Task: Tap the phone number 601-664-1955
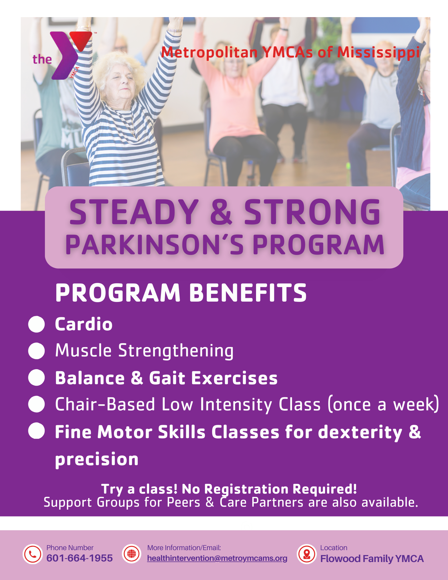pyautogui.click(x=79, y=558)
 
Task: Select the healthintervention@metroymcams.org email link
pyautogui.click(x=217, y=558)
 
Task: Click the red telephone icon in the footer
pyautogui.click(x=33, y=554)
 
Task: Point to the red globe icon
pyautogui.click(x=132, y=554)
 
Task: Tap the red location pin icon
pyautogui.click(x=306, y=554)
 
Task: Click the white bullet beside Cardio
pyautogui.click(x=37, y=324)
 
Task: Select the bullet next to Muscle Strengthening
pyautogui.click(x=37, y=351)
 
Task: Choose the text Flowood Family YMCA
pyautogui.click(x=372, y=559)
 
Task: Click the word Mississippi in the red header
pyautogui.click(x=378, y=53)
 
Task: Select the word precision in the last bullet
pyautogui.click(x=97, y=460)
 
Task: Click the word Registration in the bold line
pyautogui.click(x=246, y=489)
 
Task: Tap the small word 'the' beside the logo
pyautogui.click(x=42, y=59)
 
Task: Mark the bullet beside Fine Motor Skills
pyautogui.click(x=37, y=431)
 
